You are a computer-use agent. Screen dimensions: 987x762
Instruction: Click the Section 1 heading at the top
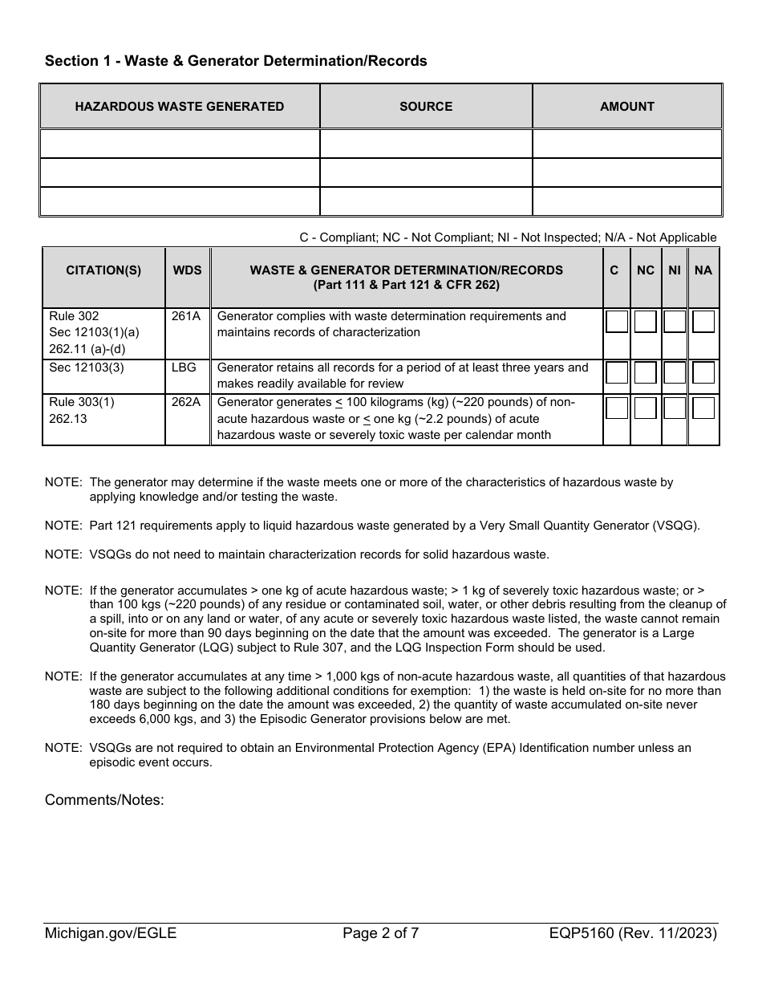(x=236, y=61)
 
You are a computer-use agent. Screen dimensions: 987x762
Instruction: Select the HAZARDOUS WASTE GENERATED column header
(x=180, y=107)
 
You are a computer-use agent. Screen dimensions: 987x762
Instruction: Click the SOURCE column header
(x=426, y=107)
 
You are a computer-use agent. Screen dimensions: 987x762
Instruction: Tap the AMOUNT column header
(x=626, y=107)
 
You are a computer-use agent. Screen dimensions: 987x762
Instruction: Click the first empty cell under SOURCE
(x=426, y=144)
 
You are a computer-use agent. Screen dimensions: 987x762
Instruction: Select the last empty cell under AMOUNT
(x=626, y=201)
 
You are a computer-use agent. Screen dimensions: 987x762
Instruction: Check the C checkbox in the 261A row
(x=617, y=323)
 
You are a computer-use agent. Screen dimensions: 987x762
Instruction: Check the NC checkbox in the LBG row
(x=646, y=373)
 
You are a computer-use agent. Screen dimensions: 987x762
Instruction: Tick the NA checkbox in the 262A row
(x=703, y=408)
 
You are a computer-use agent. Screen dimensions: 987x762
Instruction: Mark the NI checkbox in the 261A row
(x=675, y=323)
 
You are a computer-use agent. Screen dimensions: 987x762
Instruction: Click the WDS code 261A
(x=186, y=316)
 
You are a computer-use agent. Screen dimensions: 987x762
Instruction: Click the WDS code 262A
(x=186, y=402)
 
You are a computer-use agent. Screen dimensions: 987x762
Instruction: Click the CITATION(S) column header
(x=103, y=270)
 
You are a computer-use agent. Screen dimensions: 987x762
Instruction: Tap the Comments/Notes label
(x=104, y=800)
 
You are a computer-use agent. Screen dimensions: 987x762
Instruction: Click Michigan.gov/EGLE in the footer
(x=111, y=933)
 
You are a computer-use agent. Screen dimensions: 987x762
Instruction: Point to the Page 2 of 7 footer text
(x=381, y=933)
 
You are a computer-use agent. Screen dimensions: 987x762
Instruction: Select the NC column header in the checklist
(x=646, y=270)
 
